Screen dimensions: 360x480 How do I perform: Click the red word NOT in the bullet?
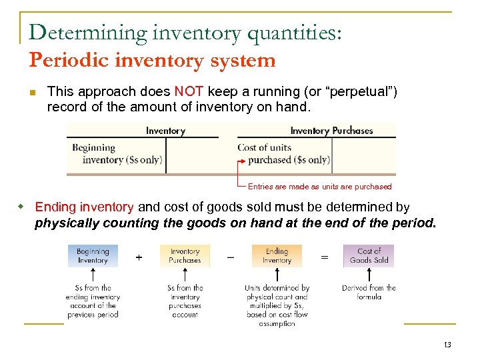click(189, 91)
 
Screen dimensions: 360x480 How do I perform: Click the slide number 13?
click(447, 345)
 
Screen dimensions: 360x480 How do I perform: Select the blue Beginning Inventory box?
click(93, 256)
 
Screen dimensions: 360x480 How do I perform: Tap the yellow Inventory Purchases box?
click(185, 256)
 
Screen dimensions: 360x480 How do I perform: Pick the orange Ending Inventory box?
click(277, 256)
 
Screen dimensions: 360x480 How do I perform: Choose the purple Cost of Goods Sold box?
click(369, 256)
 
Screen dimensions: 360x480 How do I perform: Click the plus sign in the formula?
click(139, 257)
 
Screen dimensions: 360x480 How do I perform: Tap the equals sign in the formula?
click(324, 257)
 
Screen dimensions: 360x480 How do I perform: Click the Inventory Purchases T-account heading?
click(331, 131)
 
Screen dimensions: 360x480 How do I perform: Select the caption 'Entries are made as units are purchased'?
click(319, 187)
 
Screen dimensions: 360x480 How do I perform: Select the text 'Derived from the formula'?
click(369, 292)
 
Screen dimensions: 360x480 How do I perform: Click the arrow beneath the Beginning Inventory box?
click(93, 275)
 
